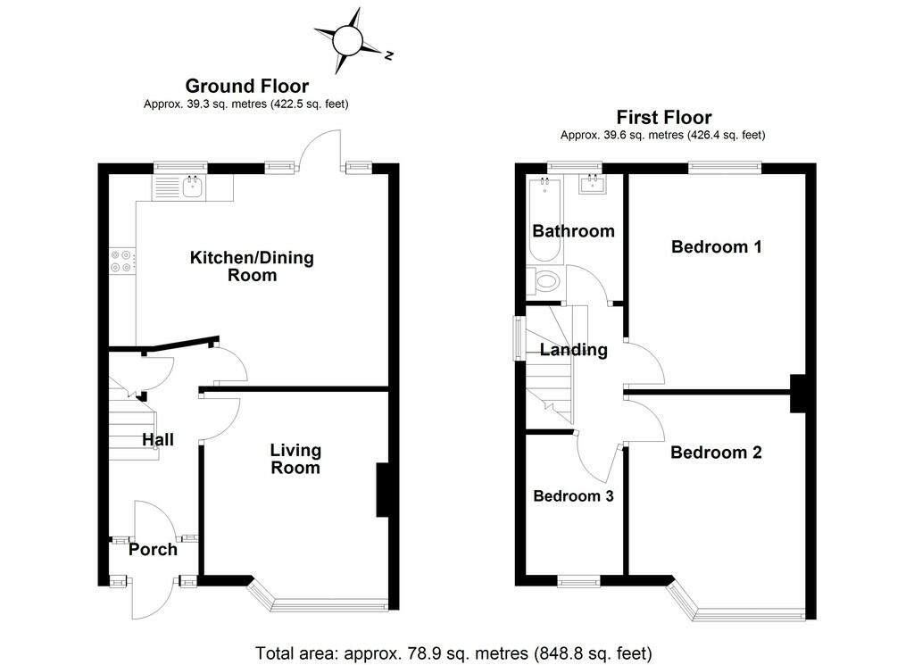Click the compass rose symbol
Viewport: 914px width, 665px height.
point(349,41)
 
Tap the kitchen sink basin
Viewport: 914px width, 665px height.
point(193,187)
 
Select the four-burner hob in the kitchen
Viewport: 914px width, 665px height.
point(122,261)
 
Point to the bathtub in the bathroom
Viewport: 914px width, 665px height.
point(545,220)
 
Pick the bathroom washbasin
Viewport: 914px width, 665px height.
point(593,184)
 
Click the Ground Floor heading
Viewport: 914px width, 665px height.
point(246,87)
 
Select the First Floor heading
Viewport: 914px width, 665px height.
point(664,117)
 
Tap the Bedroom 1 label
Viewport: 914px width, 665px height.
point(717,246)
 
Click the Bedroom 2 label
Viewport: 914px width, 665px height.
point(716,453)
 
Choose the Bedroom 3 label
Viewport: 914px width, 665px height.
point(573,496)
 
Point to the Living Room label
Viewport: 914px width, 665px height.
point(295,459)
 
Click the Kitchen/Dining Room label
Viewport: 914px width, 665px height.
point(252,266)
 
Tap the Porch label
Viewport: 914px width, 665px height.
point(153,550)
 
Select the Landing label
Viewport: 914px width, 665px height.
point(574,350)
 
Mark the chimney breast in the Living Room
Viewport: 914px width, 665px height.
point(382,490)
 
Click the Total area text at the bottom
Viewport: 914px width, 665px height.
point(453,653)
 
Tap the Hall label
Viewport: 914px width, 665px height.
point(158,439)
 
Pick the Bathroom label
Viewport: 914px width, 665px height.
point(574,231)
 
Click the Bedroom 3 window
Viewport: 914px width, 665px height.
point(578,580)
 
